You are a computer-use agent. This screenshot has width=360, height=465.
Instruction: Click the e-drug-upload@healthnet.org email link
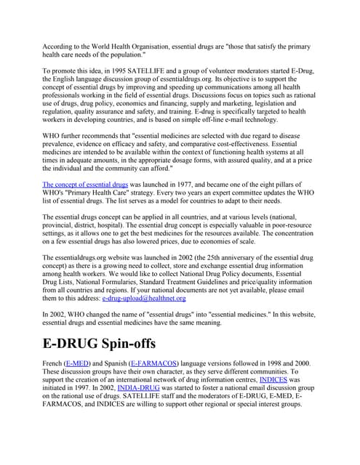click(144, 298)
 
